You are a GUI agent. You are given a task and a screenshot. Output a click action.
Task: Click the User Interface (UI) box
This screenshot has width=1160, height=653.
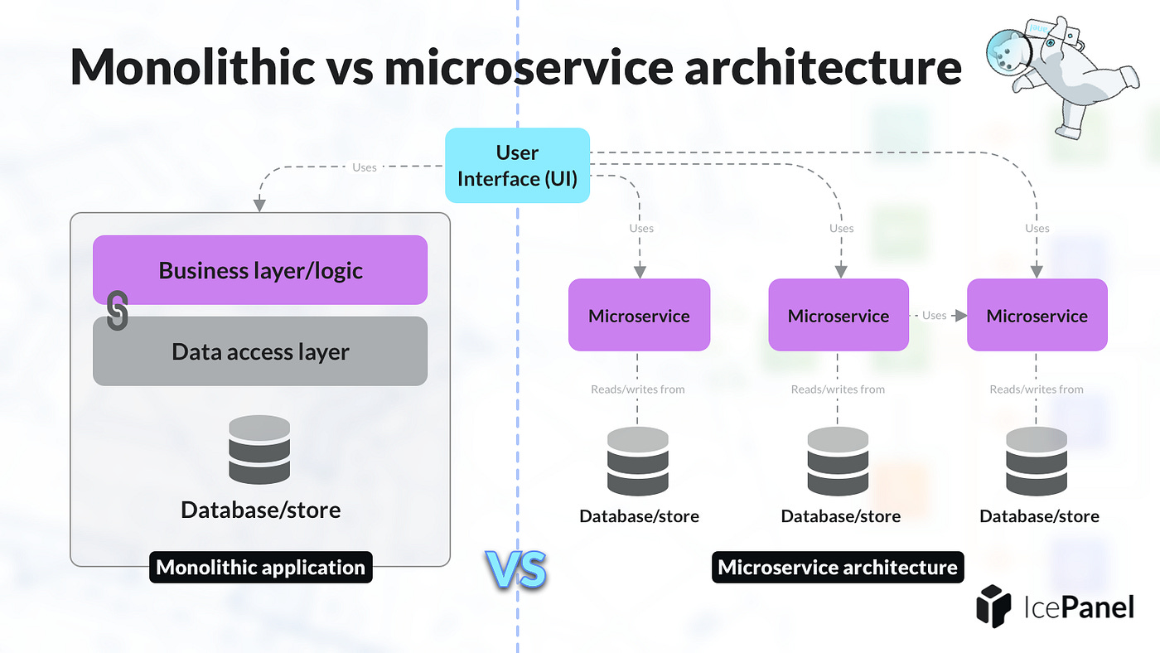pyautogui.click(x=517, y=166)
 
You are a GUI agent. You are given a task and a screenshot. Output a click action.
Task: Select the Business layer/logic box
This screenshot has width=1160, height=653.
pyautogui.click(x=260, y=270)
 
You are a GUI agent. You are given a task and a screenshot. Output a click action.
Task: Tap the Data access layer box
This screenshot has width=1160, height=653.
pyautogui.click(x=260, y=351)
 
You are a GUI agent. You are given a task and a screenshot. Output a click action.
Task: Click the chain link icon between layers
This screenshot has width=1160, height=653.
pyautogui.click(x=118, y=311)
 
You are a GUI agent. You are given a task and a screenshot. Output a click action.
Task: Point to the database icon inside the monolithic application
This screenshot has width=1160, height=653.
pyautogui.click(x=259, y=450)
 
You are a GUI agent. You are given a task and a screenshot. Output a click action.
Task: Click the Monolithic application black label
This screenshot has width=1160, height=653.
pyautogui.click(x=260, y=568)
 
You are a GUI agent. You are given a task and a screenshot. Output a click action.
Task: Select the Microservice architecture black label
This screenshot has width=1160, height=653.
pyautogui.click(x=838, y=568)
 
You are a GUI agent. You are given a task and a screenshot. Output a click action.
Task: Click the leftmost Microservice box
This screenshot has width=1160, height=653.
pyautogui.click(x=639, y=315)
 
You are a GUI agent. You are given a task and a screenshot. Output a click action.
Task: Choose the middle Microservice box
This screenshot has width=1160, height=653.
pyautogui.click(x=839, y=315)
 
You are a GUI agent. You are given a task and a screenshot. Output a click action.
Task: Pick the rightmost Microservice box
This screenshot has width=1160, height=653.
pyautogui.click(x=1037, y=315)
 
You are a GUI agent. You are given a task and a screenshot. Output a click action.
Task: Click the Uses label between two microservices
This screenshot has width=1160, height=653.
pyautogui.click(x=935, y=316)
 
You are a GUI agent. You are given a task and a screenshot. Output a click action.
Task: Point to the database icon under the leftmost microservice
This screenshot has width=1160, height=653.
pyautogui.click(x=638, y=462)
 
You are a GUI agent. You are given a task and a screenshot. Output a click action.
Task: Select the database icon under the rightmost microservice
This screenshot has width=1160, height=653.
pyautogui.click(x=1037, y=462)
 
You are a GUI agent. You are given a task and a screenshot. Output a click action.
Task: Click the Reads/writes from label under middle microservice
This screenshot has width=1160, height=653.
pyautogui.click(x=838, y=389)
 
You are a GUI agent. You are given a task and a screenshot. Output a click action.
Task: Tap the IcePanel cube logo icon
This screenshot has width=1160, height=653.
pyautogui.click(x=995, y=606)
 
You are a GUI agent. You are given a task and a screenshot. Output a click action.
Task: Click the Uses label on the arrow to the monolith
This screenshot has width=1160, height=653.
pyautogui.click(x=365, y=167)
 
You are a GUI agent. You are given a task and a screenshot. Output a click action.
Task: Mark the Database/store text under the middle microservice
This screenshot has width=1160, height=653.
pyautogui.click(x=840, y=517)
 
